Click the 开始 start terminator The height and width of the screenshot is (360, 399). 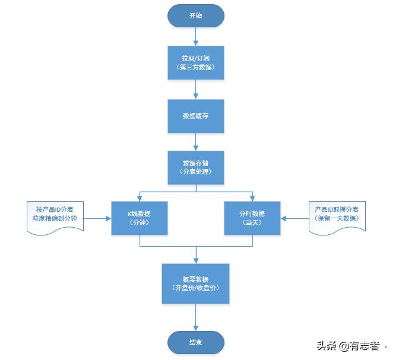coord(195,16)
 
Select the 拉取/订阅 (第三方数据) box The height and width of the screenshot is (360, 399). coord(195,63)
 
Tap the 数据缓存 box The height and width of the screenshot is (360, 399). coord(195,116)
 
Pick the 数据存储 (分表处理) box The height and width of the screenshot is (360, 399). coord(195,167)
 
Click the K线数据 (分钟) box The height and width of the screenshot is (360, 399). coord(140,218)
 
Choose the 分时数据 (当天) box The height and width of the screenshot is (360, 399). coord(252,218)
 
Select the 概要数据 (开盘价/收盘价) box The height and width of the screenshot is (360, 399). coord(195,283)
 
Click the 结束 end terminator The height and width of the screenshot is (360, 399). coord(195,342)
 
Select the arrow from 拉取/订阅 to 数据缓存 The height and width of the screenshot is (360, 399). coord(195,89)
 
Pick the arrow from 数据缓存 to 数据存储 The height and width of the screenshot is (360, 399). coord(195,141)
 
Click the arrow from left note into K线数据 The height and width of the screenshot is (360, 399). coord(98,218)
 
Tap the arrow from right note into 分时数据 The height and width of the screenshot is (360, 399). coord(295,218)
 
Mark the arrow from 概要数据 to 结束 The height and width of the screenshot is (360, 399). coord(195,317)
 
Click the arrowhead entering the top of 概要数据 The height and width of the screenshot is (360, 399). coord(195,260)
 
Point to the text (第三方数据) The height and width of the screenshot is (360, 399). coord(195,68)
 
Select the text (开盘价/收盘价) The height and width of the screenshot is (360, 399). coord(195,288)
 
